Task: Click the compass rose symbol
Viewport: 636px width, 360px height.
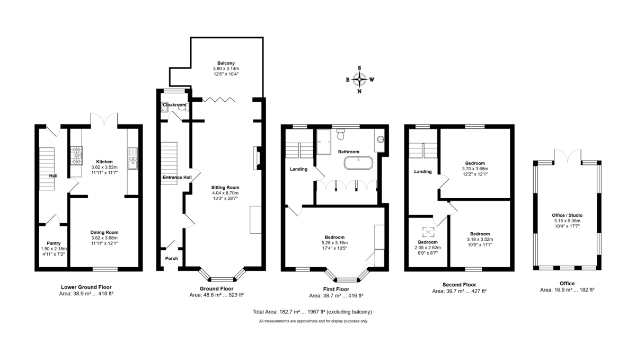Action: pyautogui.click(x=360, y=80)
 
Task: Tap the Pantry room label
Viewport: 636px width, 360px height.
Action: pyautogui.click(x=54, y=243)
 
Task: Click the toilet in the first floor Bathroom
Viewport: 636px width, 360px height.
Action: pyautogui.click(x=340, y=131)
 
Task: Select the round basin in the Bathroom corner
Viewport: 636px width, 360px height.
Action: pyautogui.click(x=382, y=141)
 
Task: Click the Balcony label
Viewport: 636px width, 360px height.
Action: pyautogui.click(x=226, y=63)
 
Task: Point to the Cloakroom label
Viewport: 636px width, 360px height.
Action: pyautogui.click(x=174, y=105)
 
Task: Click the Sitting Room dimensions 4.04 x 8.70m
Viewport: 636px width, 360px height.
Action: pyautogui.click(x=226, y=193)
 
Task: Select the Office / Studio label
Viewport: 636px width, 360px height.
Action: pyautogui.click(x=566, y=215)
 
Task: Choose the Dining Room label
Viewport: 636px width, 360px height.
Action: pyautogui.click(x=104, y=232)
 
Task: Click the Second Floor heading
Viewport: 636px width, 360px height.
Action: pyautogui.click(x=459, y=285)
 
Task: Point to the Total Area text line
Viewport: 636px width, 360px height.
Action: pyautogui.click(x=312, y=312)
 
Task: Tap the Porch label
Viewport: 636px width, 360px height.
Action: pyautogui.click(x=171, y=258)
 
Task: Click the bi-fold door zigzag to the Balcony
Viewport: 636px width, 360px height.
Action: pyautogui.click(x=218, y=99)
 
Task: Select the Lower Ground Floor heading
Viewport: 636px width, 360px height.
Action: pyautogui.click(x=86, y=286)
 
